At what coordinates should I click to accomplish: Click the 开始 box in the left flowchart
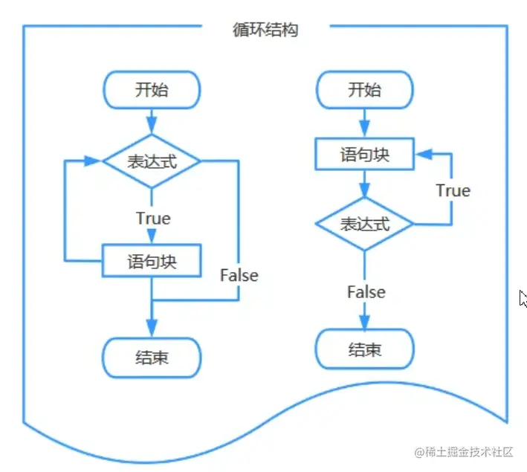click(152, 90)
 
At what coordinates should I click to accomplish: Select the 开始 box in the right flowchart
click(364, 90)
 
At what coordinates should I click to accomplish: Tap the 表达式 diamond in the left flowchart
click(152, 161)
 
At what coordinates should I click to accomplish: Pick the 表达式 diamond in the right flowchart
click(364, 224)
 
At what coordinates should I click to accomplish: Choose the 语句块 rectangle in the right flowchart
click(364, 155)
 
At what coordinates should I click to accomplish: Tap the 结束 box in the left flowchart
click(152, 358)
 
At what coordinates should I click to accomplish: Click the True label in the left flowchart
click(153, 219)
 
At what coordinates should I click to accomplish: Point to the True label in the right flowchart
click(453, 190)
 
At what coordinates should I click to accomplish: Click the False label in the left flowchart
click(239, 276)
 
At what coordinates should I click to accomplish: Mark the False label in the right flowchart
click(366, 292)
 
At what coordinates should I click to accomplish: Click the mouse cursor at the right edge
click(523, 298)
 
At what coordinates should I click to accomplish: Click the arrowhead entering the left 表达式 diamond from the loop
click(94, 161)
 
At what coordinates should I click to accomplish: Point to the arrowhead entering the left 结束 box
click(152, 328)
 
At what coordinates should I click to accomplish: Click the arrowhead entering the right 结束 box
click(364, 320)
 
